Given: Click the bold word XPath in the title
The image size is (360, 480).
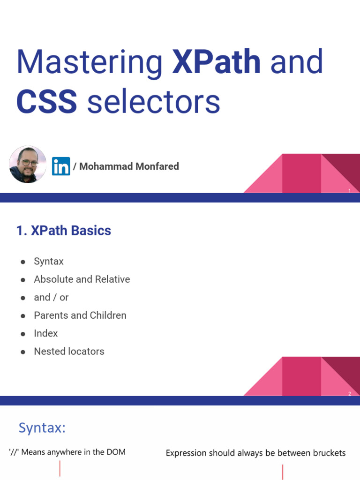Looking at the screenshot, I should click(216, 61).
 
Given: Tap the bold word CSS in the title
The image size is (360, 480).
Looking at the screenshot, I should click(46, 102).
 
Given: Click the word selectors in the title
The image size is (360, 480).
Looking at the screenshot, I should click(153, 103).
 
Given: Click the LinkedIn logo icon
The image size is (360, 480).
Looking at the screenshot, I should click(61, 166).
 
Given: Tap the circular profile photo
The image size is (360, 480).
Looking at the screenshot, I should click(28, 164).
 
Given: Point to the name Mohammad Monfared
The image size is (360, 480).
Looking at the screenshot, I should click(129, 166).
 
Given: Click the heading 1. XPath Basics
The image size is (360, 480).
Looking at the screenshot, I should click(64, 231).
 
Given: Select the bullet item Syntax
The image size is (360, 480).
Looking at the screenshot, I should click(49, 262).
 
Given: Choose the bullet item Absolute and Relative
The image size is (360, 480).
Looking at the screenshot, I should click(82, 279).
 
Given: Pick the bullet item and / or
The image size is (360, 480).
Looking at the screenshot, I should click(51, 297).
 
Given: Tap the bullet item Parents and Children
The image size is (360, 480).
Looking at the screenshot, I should click(80, 315).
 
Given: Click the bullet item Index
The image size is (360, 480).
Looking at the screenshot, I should click(46, 333).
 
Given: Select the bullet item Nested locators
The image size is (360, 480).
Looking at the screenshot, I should click(69, 351).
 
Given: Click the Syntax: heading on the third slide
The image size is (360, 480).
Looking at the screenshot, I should click(42, 428).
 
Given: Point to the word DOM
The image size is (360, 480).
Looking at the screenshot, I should click(116, 452).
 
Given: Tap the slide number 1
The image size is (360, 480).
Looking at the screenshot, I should click(350, 191).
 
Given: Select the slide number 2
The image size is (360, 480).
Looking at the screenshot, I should click(350, 394).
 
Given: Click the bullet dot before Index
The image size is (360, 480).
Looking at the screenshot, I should click(22, 334).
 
